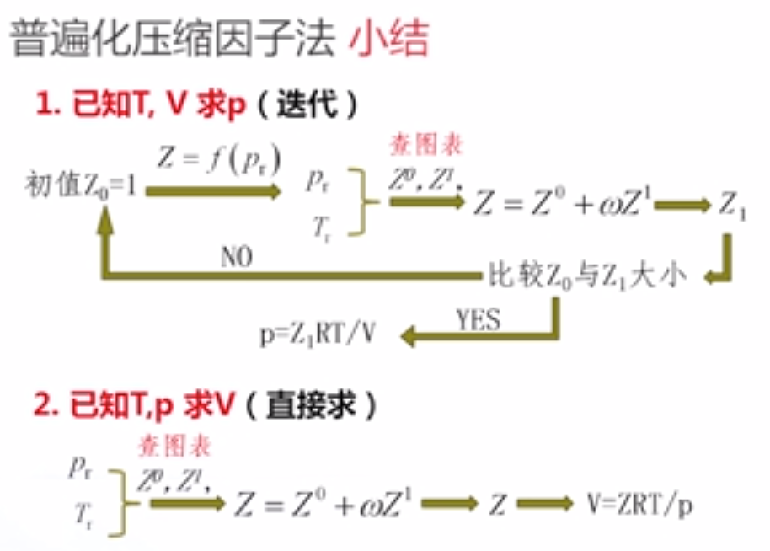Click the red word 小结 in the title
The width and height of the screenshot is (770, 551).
click(x=389, y=39)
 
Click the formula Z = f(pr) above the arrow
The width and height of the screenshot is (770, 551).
click(x=217, y=158)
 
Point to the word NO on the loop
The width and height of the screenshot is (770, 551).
click(x=238, y=255)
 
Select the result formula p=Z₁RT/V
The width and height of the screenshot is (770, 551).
click(x=318, y=336)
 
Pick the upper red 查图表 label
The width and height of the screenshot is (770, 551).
click(x=426, y=146)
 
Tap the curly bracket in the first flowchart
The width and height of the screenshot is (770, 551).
click(x=361, y=201)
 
